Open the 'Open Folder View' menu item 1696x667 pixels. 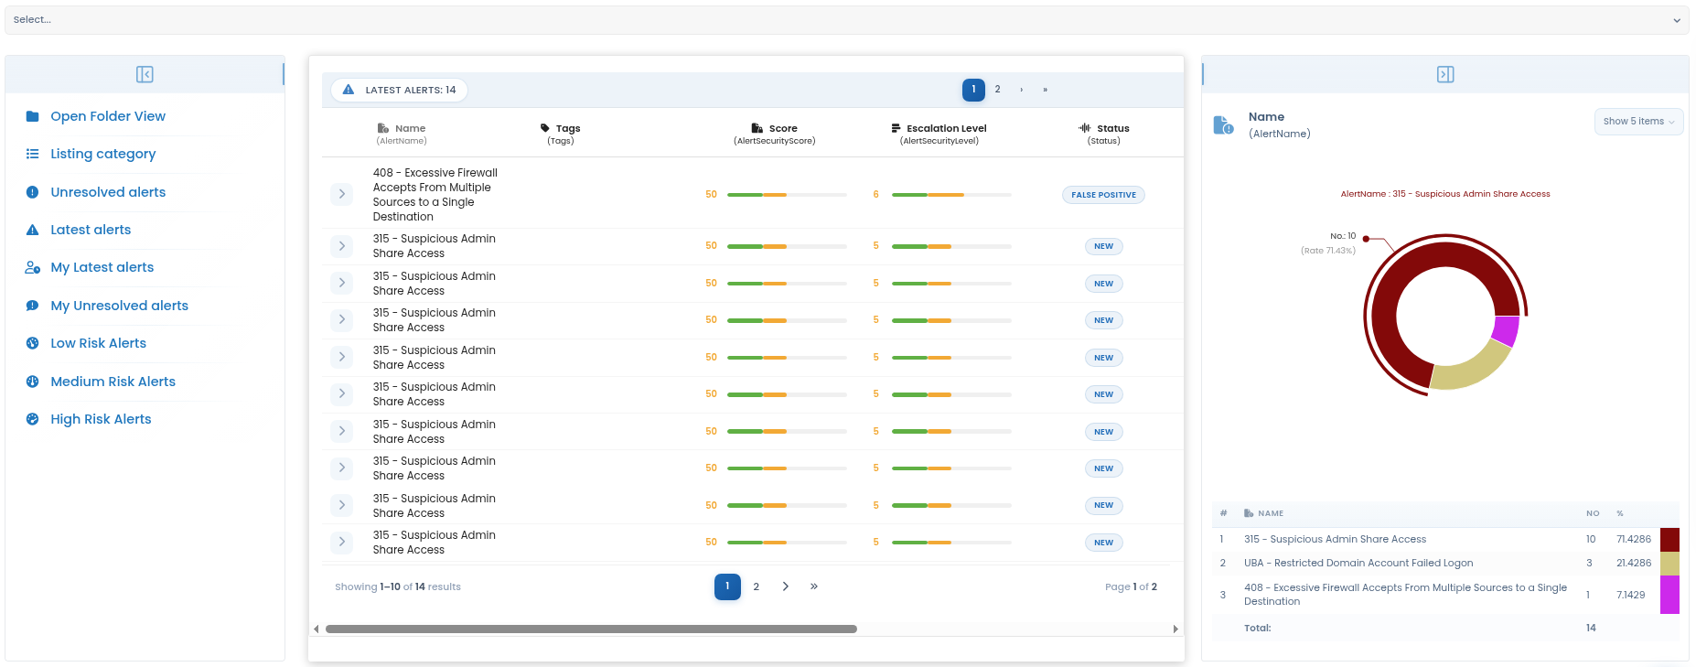coord(108,116)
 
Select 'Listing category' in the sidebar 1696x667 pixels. coord(103,154)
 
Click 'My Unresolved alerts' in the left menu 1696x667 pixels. coord(120,306)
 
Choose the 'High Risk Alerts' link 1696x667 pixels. coord(102,419)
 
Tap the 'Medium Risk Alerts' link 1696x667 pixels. coord(113,382)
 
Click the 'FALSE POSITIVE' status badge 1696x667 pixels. coord(1104,195)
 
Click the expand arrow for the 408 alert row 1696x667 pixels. coord(342,194)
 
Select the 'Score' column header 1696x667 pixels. coord(783,128)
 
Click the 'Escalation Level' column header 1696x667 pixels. coord(947,128)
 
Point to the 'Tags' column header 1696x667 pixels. coord(568,128)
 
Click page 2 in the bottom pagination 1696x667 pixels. coord(757,587)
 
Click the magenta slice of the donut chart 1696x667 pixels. coord(1506,331)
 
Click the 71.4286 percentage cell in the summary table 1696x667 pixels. coord(1634,540)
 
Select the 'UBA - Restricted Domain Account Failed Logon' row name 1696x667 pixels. coord(1358,564)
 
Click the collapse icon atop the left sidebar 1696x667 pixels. coord(145,74)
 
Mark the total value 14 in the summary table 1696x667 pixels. coord(1591,629)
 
